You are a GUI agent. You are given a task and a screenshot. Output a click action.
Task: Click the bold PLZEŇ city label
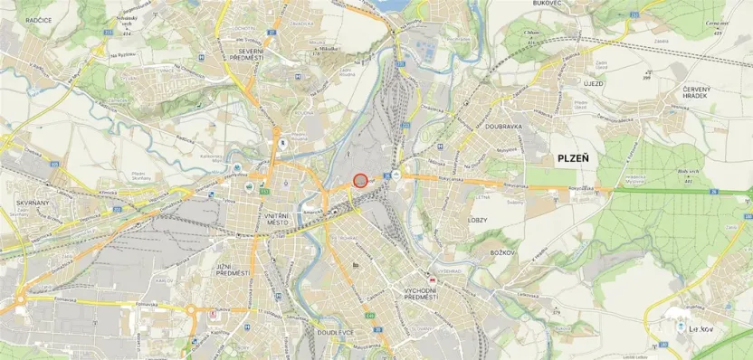coord(572,157)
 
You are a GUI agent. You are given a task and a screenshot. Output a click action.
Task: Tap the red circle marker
coord(360,180)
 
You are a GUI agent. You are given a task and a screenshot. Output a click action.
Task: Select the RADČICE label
coord(37,19)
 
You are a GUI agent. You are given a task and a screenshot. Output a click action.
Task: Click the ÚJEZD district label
coord(593,82)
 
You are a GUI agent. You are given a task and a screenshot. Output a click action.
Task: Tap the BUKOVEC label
coord(523,4)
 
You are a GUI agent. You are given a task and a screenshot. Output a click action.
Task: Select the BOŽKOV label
coord(500,254)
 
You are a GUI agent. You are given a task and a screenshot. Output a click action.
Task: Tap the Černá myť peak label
coord(718,24)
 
